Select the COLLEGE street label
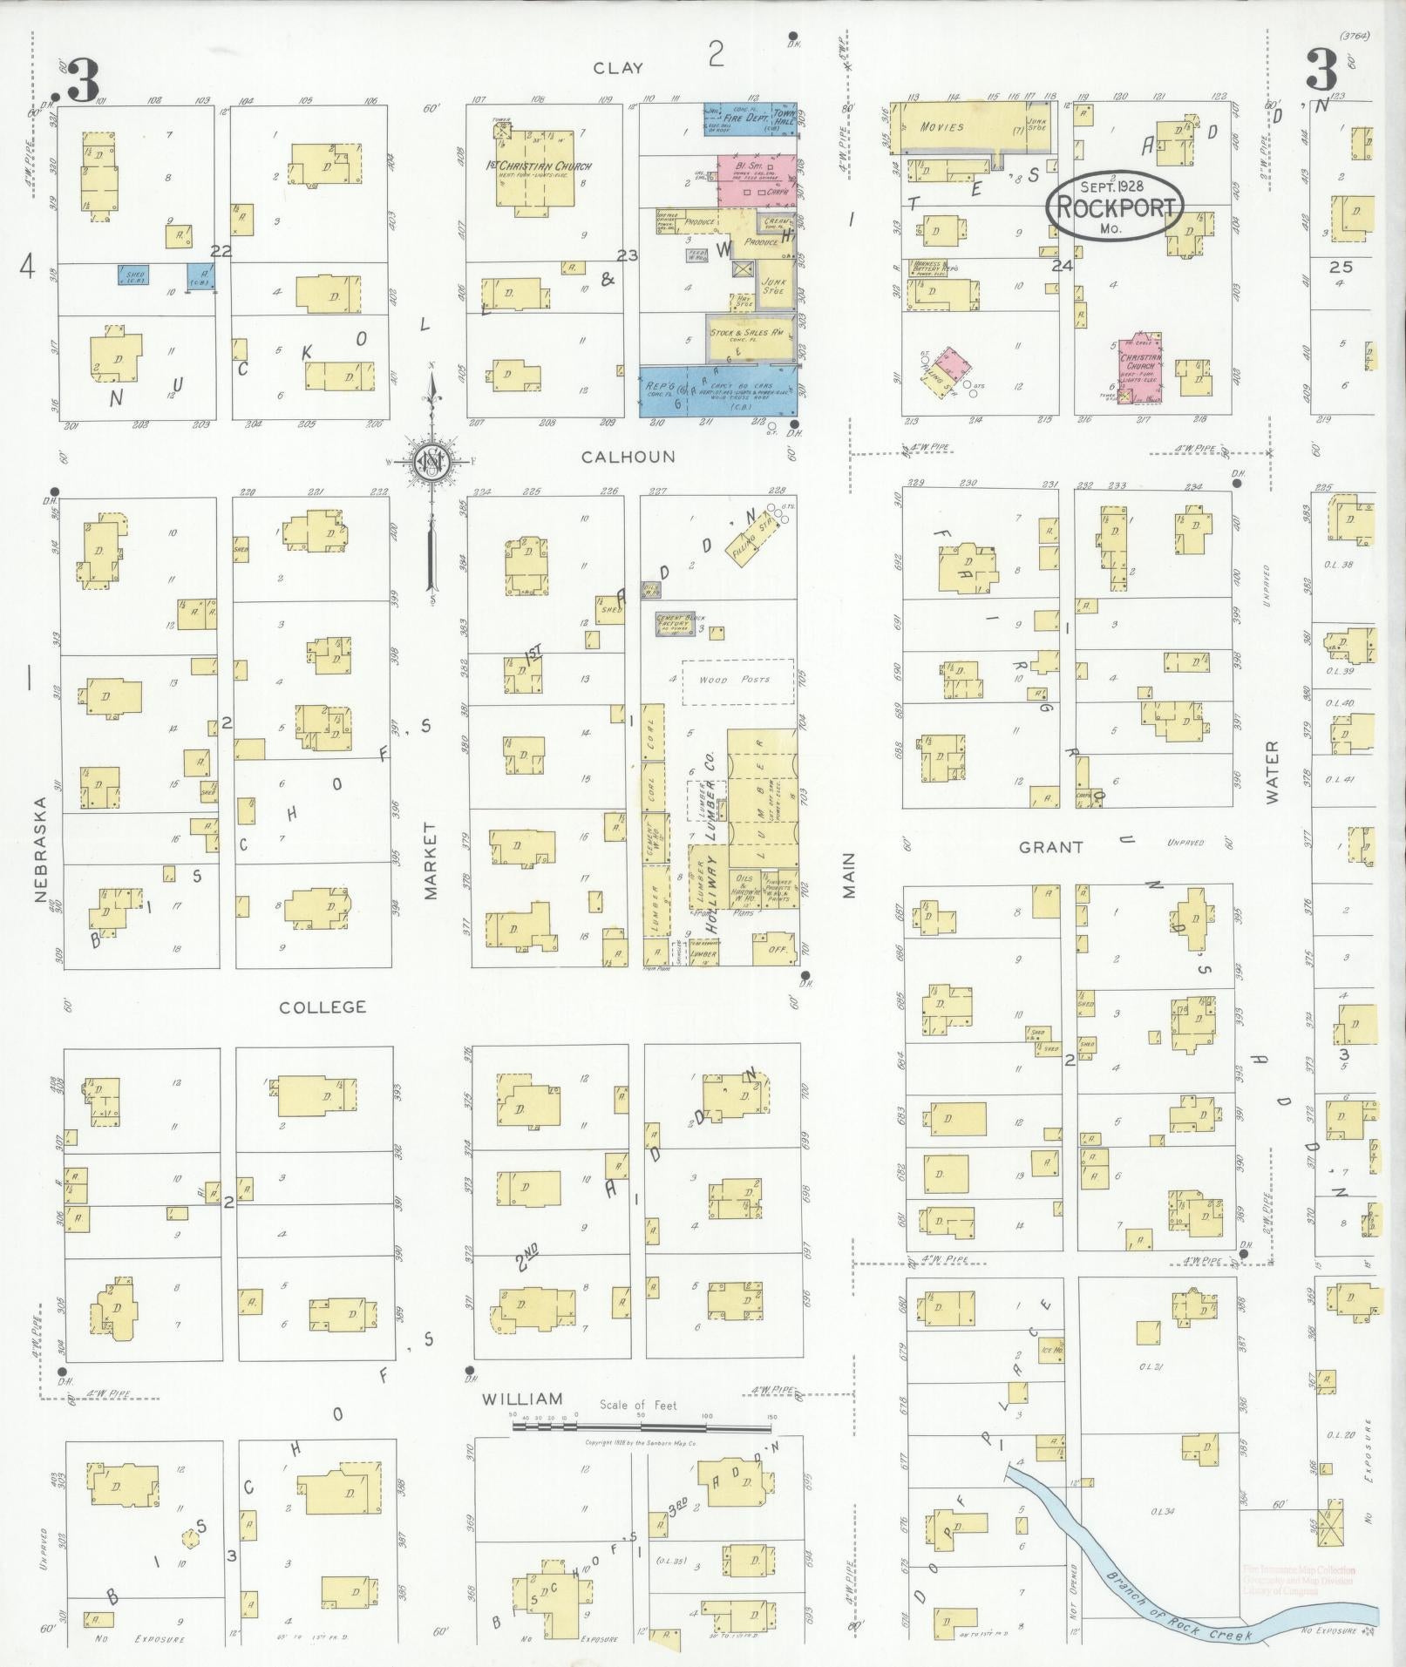(323, 1007)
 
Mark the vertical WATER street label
(1273, 771)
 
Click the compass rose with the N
(430, 462)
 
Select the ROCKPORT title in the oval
(1116, 207)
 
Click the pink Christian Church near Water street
(1142, 367)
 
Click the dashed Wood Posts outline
(737, 681)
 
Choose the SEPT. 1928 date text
(1112, 186)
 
